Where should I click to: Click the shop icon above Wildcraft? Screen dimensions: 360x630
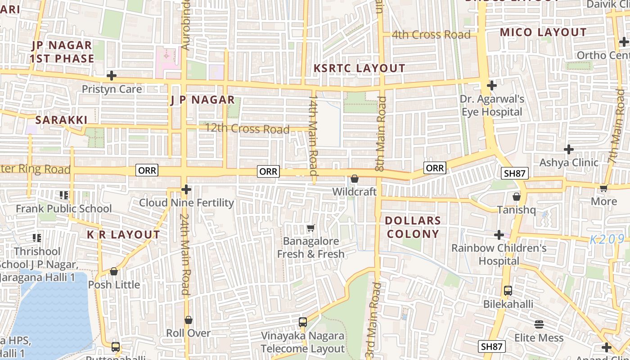tap(355, 179)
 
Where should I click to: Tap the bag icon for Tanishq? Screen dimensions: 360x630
tap(517, 197)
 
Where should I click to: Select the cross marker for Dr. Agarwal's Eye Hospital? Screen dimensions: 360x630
tap(492, 85)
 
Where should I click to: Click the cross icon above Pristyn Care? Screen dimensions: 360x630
tap(112, 76)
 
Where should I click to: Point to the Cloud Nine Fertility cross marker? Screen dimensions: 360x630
tap(186, 189)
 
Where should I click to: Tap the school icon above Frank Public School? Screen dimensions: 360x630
tap(63, 195)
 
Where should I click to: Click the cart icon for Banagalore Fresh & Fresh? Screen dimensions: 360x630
tap(310, 228)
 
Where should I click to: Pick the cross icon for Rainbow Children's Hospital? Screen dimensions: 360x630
tap(499, 235)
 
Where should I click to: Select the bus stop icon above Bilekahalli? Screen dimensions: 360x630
tap(508, 291)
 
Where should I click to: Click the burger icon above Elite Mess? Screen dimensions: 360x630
tap(539, 324)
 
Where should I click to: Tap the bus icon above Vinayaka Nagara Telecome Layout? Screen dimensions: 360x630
tap(303, 322)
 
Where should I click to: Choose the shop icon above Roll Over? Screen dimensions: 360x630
tap(189, 320)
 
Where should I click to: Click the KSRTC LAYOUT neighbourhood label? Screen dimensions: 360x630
tap(359, 68)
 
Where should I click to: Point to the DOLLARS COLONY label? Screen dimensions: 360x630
tap(413, 227)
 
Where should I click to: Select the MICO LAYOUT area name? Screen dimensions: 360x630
tap(543, 32)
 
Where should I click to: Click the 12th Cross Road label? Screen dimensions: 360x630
tap(247, 129)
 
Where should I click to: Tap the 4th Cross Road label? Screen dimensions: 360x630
tap(431, 35)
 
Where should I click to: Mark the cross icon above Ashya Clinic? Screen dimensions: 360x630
tap(569, 149)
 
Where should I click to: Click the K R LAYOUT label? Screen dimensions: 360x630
tap(123, 235)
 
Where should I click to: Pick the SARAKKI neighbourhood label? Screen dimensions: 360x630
tap(61, 120)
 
